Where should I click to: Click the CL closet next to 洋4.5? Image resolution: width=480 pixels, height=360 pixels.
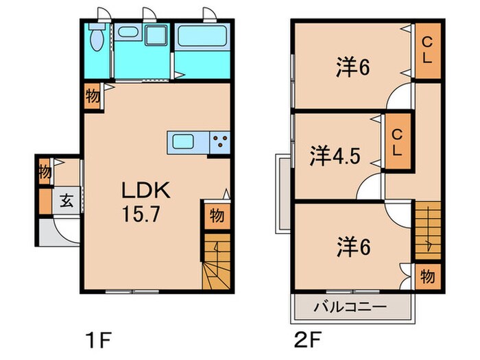(396, 143)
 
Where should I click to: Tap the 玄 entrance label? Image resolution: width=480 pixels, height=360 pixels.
(67, 201)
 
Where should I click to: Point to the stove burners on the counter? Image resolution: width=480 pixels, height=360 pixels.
(220, 143)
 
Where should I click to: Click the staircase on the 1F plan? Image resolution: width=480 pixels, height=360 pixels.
(215, 265)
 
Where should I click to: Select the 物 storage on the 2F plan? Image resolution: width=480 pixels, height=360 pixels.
(427, 276)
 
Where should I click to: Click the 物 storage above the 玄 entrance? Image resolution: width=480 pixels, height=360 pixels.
(45, 171)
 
